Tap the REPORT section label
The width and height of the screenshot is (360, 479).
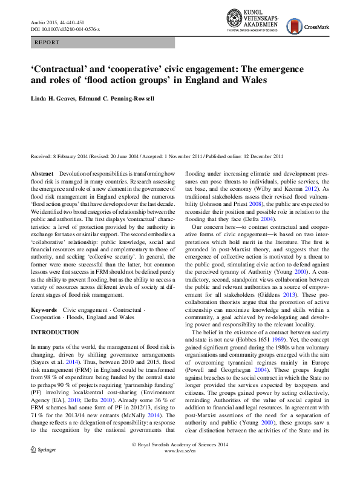tap(48, 43)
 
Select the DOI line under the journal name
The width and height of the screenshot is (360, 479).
tap(65, 28)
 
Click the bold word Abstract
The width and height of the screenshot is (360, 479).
tap(43, 174)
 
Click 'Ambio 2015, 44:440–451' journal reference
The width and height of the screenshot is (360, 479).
tap(59, 22)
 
